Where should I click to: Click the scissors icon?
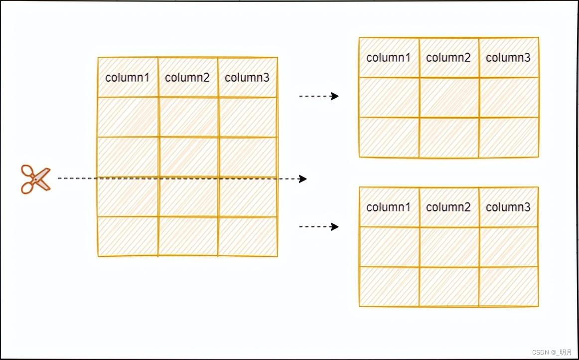click(x=35, y=179)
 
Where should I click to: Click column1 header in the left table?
click(x=128, y=77)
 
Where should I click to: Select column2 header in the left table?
click(x=187, y=77)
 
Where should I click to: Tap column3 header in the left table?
click(x=247, y=77)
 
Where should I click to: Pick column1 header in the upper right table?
click(x=389, y=57)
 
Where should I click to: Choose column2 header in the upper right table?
click(x=448, y=57)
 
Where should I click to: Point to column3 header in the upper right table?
click(x=508, y=57)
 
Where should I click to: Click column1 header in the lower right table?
click(x=389, y=207)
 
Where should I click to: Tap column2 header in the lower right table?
click(x=448, y=207)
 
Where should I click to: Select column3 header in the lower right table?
click(x=508, y=207)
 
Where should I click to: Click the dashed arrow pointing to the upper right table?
click(x=319, y=96)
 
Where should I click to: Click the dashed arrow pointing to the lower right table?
click(x=319, y=227)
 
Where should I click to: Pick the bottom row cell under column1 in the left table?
click(x=128, y=236)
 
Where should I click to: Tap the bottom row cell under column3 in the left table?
click(x=247, y=236)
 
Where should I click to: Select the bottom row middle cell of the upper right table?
click(x=448, y=137)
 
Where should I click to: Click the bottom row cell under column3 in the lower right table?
click(x=508, y=286)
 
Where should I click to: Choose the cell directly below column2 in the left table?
click(x=187, y=117)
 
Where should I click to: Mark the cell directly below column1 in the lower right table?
click(x=389, y=247)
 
